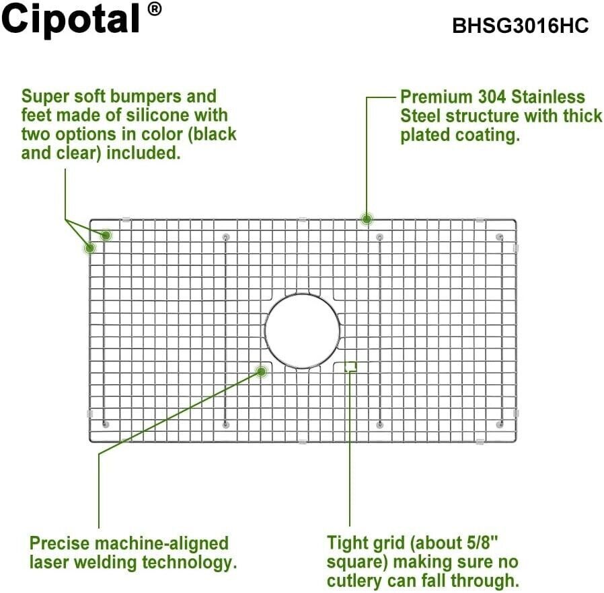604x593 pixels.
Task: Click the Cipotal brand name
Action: click(70, 19)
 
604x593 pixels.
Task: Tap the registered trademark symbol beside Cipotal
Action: click(155, 9)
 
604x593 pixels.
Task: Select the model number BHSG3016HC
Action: click(520, 26)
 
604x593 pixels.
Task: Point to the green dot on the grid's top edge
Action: click(367, 219)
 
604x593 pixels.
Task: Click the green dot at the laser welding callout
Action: click(262, 371)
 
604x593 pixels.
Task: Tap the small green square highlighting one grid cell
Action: click(350, 367)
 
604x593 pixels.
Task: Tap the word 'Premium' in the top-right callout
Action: click(437, 97)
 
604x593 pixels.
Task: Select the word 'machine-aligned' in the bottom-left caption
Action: click(161, 544)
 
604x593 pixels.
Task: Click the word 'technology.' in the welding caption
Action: click(190, 563)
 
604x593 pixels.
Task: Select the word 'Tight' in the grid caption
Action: click(346, 543)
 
